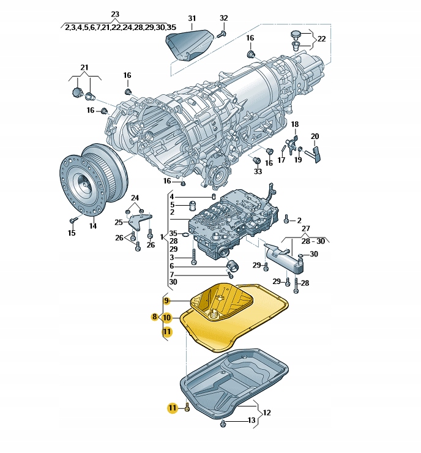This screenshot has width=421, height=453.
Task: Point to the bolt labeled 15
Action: [73, 219]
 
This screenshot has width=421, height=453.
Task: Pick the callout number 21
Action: [84, 67]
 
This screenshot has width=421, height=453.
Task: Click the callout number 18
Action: [294, 125]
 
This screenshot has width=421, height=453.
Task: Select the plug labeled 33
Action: [258, 161]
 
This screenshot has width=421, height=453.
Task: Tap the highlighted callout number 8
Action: [155, 317]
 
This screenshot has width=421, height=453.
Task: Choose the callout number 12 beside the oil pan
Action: [267, 413]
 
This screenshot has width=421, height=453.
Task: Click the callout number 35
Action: [173, 233]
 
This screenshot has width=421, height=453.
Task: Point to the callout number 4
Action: [172, 197]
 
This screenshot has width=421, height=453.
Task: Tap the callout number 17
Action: [281, 160]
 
